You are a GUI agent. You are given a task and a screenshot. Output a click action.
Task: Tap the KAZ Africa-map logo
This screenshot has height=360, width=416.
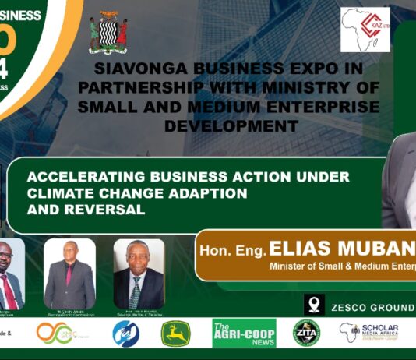pos(365,30)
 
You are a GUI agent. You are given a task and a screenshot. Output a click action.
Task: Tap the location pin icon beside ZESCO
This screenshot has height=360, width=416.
pos(315,304)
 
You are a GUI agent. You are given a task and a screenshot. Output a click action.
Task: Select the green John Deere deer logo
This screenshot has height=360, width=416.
pos(175,334)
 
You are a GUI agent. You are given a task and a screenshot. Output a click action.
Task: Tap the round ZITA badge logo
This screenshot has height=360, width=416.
pos(306,333)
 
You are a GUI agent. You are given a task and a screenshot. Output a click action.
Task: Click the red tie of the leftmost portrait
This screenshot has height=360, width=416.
pos(8,291)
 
